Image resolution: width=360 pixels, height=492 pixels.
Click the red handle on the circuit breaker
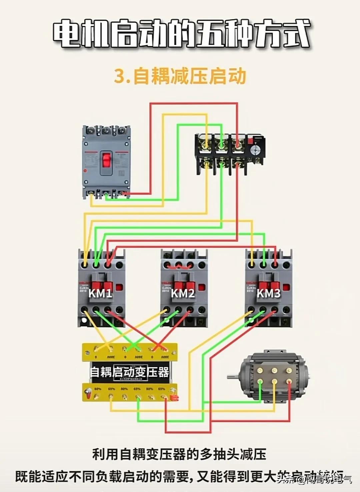pos(107,160)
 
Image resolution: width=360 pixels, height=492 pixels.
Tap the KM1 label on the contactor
pos(100,293)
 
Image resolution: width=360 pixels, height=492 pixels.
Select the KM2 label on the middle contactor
pos(183,293)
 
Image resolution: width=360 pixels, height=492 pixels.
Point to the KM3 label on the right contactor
pos(268,293)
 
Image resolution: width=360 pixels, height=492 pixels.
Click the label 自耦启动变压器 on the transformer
pos(130,372)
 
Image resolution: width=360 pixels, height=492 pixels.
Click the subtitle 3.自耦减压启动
pos(180,76)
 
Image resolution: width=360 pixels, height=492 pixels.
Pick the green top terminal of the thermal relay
pos(221,144)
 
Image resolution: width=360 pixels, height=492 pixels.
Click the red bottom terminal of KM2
pos(190,310)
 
